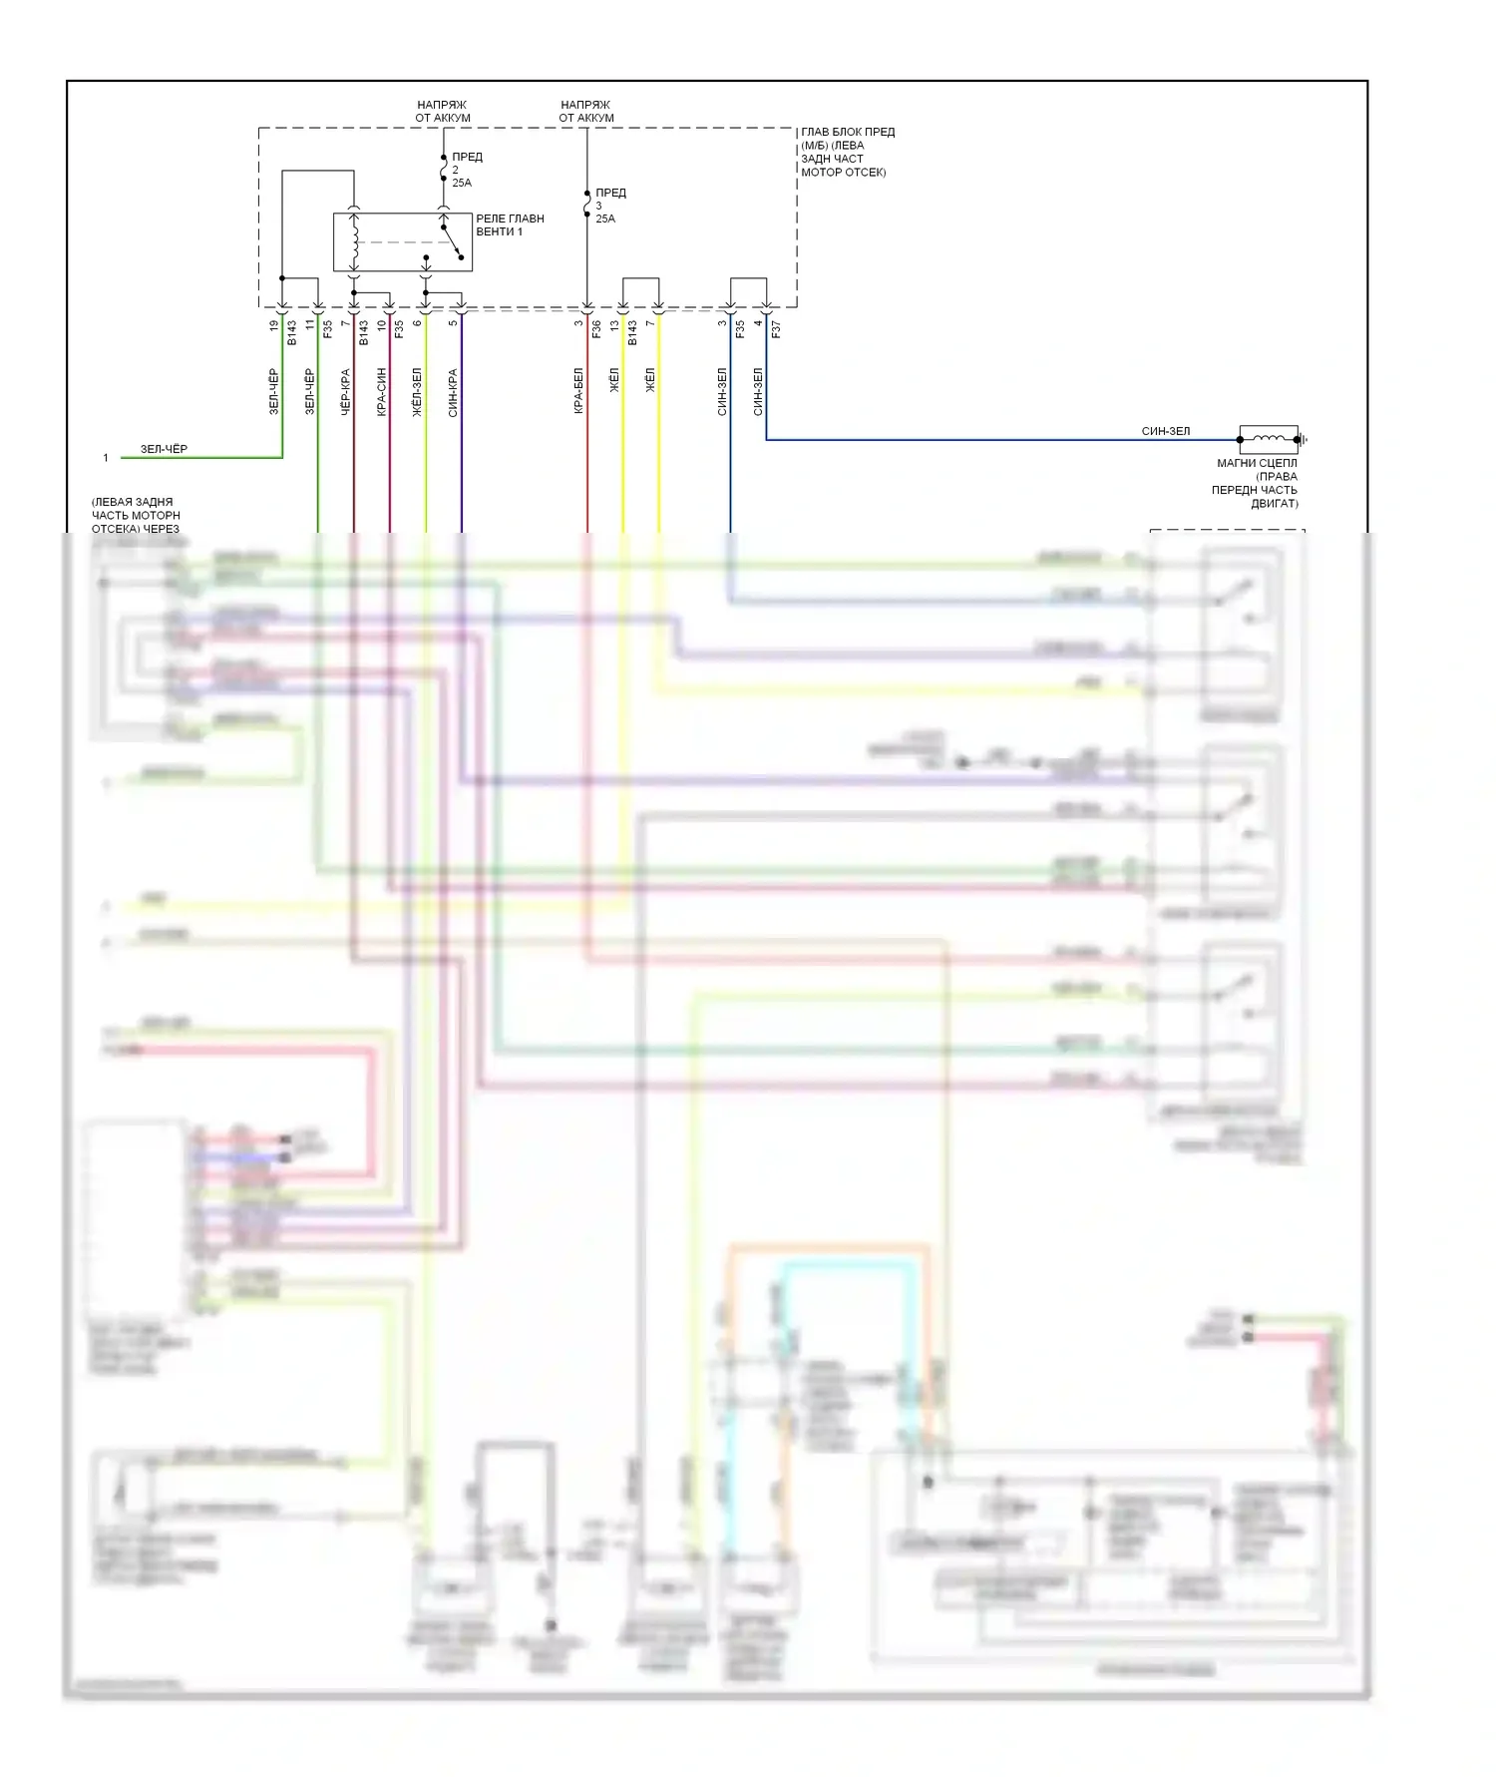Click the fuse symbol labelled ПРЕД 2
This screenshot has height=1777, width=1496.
click(x=444, y=171)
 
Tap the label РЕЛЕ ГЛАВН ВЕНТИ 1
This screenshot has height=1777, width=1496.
click(x=510, y=225)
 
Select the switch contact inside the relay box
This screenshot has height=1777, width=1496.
click(x=452, y=240)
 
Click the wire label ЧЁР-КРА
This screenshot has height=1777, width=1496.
click(x=346, y=392)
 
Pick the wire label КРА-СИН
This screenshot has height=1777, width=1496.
click(x=382, y=392)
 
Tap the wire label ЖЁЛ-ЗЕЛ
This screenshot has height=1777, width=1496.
click(x=418, y=392)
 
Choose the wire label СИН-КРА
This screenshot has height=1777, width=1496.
click(x=454, y=392)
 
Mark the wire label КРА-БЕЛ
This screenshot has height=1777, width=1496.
click(x=579, y=392)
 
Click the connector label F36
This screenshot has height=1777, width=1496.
click(x=597, y=327)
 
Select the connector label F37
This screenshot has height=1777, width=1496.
click(x=777, y=327)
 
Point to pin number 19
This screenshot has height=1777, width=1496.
click(x=274, y=325)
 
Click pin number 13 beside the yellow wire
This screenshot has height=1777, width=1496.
click(x=615, y=325)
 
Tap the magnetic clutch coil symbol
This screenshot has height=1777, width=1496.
click(x=1269, y=439)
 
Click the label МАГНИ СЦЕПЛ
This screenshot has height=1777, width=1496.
click(x=1257, y=463)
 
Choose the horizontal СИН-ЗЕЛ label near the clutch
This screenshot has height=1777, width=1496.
click(x=1165, y=431)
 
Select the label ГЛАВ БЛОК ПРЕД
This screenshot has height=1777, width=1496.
click(x=848, y=132)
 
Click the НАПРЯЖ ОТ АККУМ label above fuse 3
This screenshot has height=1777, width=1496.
click(x=586, y=111)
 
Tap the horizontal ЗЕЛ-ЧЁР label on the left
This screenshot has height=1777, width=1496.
click(x=164, y=449)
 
